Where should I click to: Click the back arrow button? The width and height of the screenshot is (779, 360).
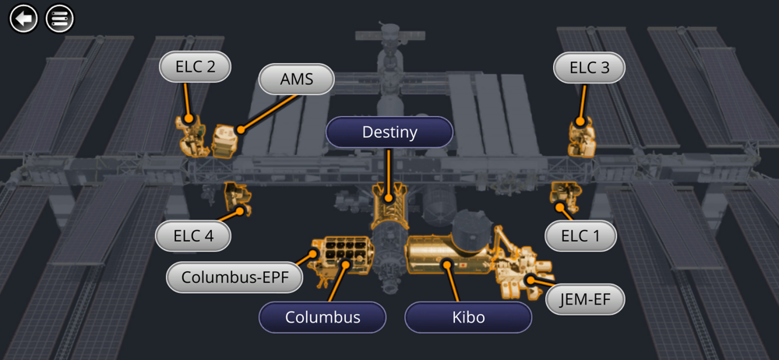tap(23, 18)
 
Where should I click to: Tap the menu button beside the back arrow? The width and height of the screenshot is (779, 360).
tap(59, 18)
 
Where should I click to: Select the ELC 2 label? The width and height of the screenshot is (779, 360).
tap(196, 67)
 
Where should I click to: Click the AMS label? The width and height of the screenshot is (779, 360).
tap(296, 79)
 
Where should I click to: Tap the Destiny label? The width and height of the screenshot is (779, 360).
tap(389, 132)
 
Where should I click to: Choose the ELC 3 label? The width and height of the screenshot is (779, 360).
tap(589, 68)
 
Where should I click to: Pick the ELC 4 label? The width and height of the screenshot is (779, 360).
tap(193, 236)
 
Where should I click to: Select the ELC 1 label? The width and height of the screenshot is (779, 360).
tap(580, 236)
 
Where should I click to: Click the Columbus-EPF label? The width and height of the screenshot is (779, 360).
tap(234, 277)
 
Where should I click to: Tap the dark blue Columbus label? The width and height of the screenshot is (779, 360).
tap(323, 317)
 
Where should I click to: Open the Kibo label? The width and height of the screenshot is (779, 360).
tap(468, 317)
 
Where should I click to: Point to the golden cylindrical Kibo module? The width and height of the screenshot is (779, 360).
tap(446, 254)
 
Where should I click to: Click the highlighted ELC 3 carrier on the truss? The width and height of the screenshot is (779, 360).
tap(580, 138)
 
